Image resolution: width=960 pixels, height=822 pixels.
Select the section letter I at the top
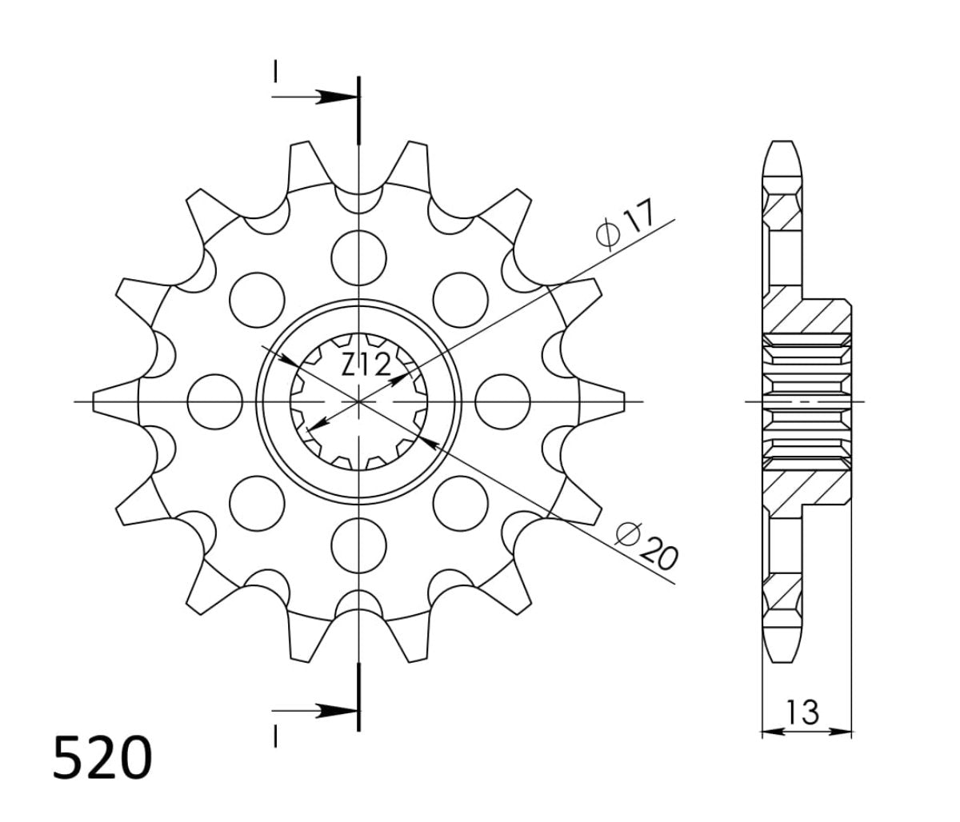[x=274, y=72]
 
